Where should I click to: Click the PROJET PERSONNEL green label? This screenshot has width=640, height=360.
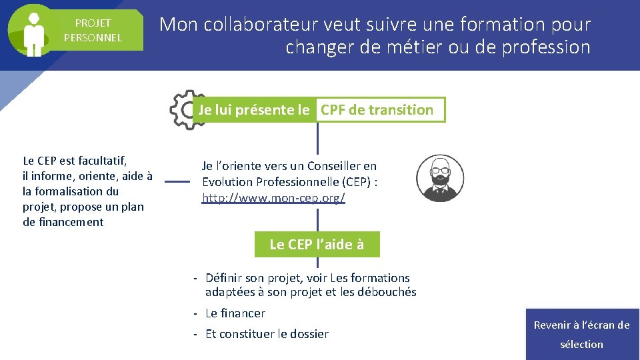[93, 31]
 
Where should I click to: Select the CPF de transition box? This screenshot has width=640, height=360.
[377, 110]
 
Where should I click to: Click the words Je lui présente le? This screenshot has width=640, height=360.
[254, 110]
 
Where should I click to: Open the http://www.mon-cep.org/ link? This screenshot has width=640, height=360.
[273, 198]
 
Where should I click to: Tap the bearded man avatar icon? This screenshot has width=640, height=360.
[439, 179]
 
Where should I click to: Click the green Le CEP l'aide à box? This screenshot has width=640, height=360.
[317, 245]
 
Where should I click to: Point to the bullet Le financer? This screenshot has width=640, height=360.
[235, 313]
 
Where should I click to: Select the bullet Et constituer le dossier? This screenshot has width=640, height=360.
[267, 334]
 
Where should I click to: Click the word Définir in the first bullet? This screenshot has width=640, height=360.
[224, 278]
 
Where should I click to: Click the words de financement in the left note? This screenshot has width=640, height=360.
[63, 222]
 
